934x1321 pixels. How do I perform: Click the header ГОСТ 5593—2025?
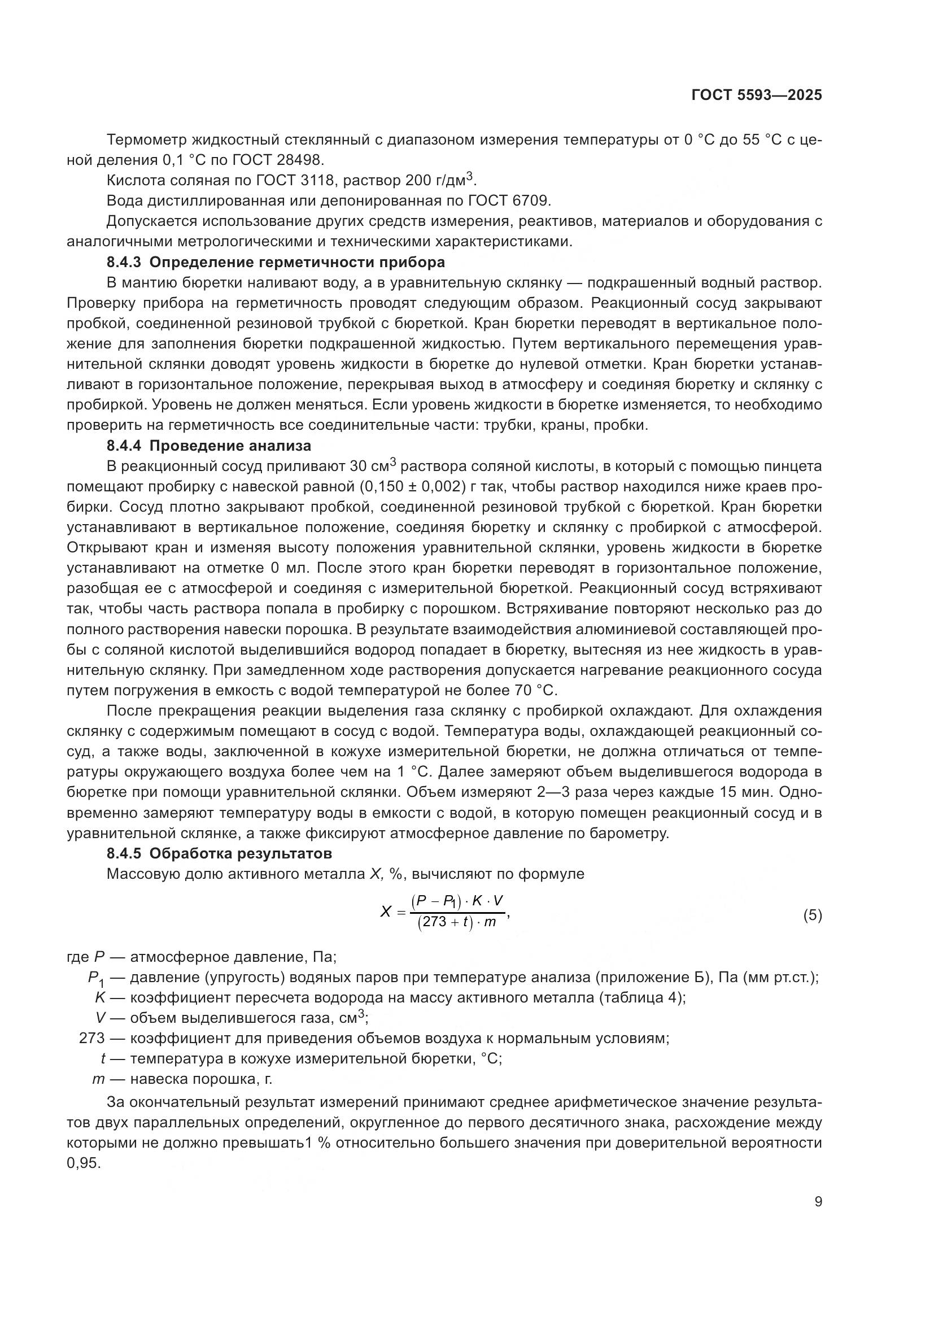756,95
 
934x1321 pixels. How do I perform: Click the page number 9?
818,1202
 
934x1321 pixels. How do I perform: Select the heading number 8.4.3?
124,263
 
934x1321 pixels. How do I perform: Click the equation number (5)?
812,915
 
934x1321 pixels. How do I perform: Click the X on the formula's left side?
385,912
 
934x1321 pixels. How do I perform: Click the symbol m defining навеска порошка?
98,1079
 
